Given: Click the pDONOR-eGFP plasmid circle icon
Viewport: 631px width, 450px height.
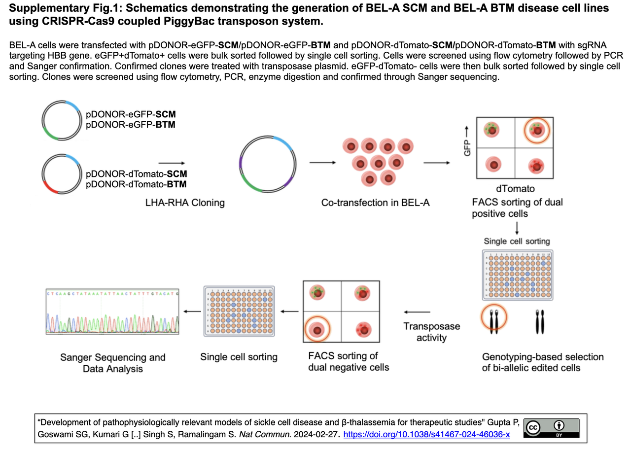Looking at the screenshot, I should pyautogui.click(x=61, y=121).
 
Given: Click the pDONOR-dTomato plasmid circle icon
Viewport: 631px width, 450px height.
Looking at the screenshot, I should pyautogui.click(x=61, y=175).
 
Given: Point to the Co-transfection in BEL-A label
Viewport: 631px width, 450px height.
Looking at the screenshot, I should pyautogui.click(x=375, y=203).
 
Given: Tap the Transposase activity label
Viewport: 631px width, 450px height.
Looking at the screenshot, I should pyautogui.click(x=431, y=332).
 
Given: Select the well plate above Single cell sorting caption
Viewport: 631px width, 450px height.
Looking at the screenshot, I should pyautogui.click(x=239, y=311).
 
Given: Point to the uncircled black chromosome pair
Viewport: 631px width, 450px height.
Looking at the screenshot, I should pyautogui.click(x=539, y=321).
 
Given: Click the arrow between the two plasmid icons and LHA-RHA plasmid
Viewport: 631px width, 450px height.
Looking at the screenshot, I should pyautogui.click(x=171, y=163).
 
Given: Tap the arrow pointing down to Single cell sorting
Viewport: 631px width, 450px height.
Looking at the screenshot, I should pyautogui.click(x=516, y=228).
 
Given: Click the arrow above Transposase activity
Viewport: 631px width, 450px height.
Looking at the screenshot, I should pyautogui.click(x=417, y=312).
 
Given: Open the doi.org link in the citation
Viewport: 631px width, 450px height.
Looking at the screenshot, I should pyautogui.click(x=426, y=434).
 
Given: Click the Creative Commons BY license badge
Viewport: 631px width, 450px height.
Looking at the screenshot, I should pyautogui.click(x=551, y=428).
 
